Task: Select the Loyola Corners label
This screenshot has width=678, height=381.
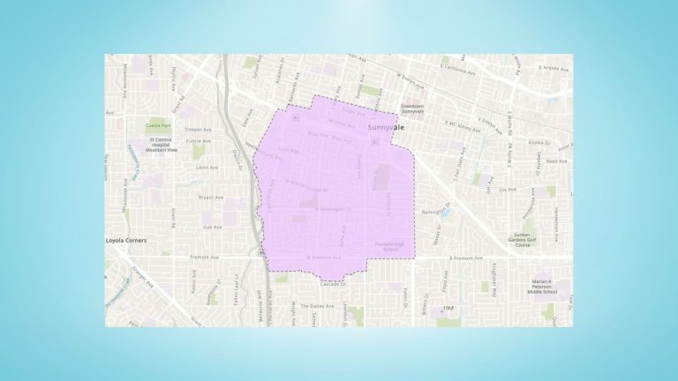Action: point(124,240)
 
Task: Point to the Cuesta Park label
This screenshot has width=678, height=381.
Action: point(159,126)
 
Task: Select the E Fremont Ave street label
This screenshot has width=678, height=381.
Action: point(466,259)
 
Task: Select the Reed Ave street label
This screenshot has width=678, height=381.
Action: point(557,161)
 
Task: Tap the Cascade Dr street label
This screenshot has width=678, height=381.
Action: point(333,284)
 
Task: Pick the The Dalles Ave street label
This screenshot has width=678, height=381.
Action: point(323,305)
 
